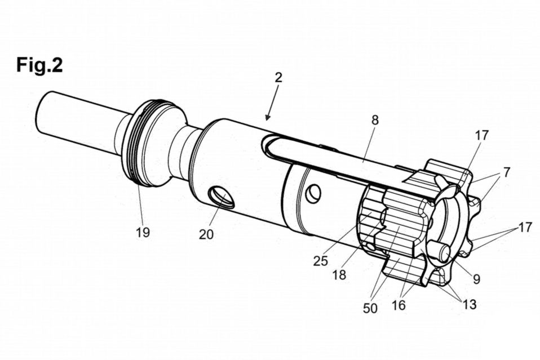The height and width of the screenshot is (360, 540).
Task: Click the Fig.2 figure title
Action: tap(39, 66)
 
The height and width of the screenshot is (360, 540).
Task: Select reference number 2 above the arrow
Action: tap(278, 78)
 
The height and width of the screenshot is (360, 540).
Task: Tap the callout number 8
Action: tap(375, 120)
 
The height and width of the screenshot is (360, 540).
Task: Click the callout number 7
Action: tap(507, 172)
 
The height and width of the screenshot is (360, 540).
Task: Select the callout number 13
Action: tap(469, 304)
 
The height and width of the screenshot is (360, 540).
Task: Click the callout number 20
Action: tap(206, 234)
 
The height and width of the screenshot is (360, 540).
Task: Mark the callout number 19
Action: tap(143, 232)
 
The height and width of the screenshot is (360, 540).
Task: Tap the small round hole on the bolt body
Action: tap(314, 193)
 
